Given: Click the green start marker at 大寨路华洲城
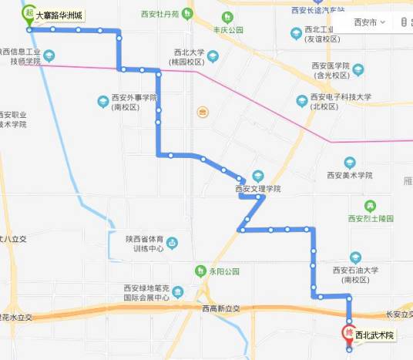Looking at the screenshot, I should tap(29, 13).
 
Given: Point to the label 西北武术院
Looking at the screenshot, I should tap(374, 335).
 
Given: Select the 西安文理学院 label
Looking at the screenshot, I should tap(257, 188).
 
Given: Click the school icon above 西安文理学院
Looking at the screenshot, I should tap(258, 176).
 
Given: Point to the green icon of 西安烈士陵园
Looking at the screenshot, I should tap(371, 206).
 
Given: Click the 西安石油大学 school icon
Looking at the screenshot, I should tap(355, 257).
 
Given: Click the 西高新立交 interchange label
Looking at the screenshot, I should tap(221, 308).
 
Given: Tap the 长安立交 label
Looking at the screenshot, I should tap(399, 315).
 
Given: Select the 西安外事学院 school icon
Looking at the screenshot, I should tap(102, 101).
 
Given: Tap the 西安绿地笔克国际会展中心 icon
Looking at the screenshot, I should tap(178, 292).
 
